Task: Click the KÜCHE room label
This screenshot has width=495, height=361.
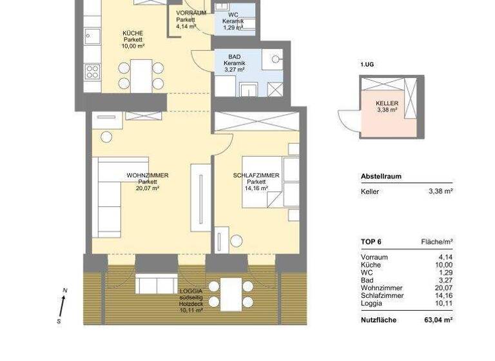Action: click(133, 33)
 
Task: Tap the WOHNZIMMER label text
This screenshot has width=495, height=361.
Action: click(148, 175)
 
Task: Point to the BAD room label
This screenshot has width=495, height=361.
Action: click(234, 57)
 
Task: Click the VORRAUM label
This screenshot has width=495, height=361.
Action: click(191, 13)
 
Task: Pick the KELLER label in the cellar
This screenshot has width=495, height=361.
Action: click(387, 103)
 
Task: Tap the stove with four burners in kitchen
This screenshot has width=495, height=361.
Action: click(92, 71)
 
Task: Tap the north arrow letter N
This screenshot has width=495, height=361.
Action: click(65, 291)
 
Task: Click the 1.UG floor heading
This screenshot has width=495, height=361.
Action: click(368, 65)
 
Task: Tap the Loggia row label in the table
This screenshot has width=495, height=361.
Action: click(371, 303)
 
